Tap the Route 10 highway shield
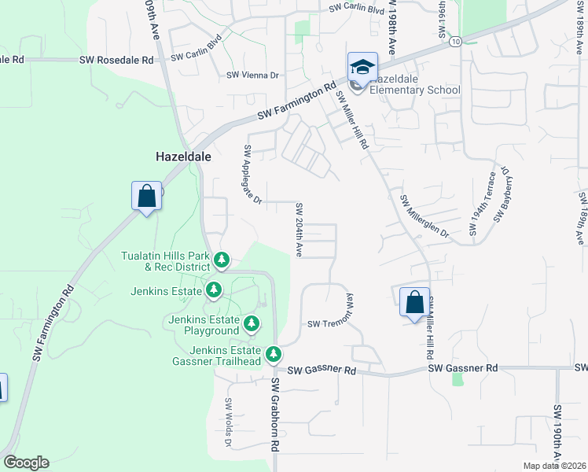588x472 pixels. pyautogui.click(x=456, y=41)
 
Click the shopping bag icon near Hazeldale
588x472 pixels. pyautogui.click(x=147, y=196)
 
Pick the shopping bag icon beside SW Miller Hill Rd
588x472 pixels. pyautogui.click(x=414, y=301)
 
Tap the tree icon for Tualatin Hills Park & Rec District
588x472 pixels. pyautogui.click(x=222, y=260)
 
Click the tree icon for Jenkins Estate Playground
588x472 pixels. pyautogui.click(x=251, y=323)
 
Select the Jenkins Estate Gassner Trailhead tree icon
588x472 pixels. pyautogui.click(x=274, y=354)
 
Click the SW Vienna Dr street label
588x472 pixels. pyautogui.click(x=253, y=76)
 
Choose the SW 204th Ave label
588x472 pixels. pyautogui.click(x=299, y=230)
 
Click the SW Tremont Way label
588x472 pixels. pyautogui.click(x=334, y=315)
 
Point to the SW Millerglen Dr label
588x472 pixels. pyautogui.click(x=424, y=217)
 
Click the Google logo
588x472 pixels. pyautogui.click(x=26, y=463)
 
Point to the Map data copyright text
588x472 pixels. pyautogui.click(x=554, y=466)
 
